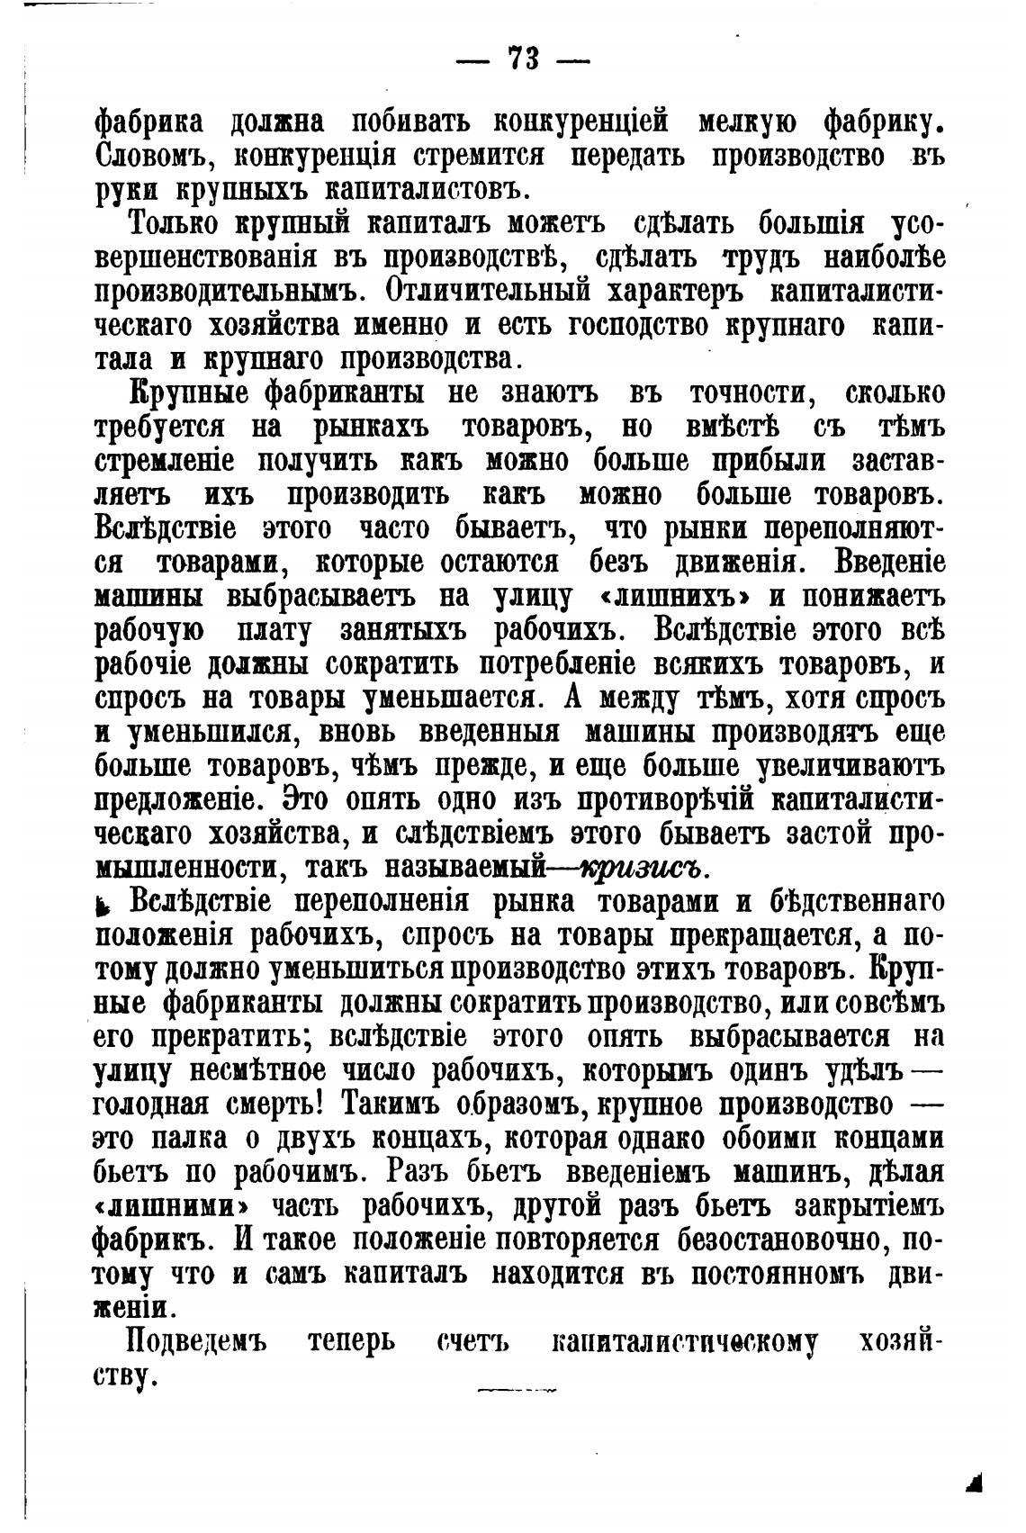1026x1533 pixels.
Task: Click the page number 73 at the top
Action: (x=522, y=59)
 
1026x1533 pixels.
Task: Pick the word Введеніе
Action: (x=889, y=563)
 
